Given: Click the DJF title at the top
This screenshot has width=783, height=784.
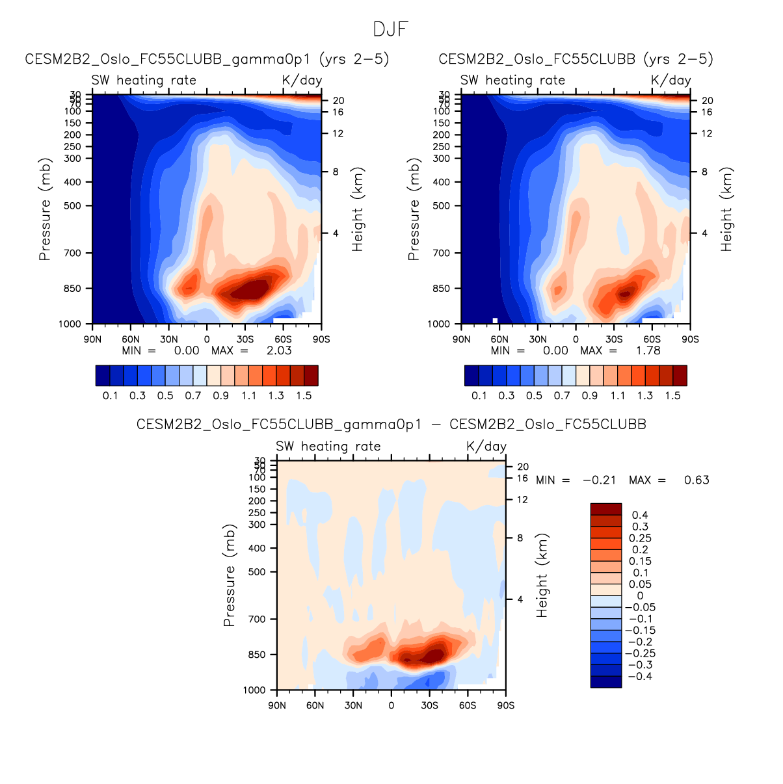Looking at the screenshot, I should pyautogui.click(x=391, y=30).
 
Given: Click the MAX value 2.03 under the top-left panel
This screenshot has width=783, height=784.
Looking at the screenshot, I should pyautogui.click(x=279, y=350).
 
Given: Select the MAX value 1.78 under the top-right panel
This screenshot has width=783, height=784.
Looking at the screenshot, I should pyautogui.click(x=648, y=350).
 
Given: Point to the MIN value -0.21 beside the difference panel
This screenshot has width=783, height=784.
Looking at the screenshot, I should pyautogui.click(x=599, y=480).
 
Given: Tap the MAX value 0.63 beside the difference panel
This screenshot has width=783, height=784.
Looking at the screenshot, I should pyautogui.click(x=697, y=480).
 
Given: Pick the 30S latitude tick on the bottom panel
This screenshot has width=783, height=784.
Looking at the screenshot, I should pyautogui.click(x=429, y=705).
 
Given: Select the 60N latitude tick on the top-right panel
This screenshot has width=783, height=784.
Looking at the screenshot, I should pyautogui.click(x=499, y=339).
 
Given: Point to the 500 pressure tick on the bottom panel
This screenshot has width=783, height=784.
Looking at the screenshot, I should pyautogui.click(x=257, y=572).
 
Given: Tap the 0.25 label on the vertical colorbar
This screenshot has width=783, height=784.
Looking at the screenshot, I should pyautogui.click(x=640, y=538).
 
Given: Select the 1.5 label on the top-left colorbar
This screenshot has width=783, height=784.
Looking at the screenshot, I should pyautogui.click(x=304, y=396).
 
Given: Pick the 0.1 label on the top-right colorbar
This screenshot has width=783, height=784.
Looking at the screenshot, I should pyautogui.click(x=479, y=396).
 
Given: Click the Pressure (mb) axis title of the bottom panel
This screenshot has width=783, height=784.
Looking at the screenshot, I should pyautogui.click(x=229, y=575).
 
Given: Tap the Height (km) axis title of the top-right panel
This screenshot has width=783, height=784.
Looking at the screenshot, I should pyautogui.click(x=726, y=209).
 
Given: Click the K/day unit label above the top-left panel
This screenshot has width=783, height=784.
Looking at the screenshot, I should pyautogui.click(x=302, y=80).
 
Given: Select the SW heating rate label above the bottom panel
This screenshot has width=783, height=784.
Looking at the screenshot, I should pyautogui.click(x=328, y=447).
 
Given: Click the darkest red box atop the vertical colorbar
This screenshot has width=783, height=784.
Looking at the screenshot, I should pyautogui.click(x=605, y=509).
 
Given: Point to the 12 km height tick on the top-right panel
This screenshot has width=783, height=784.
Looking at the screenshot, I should pyautogui.click(x=707, y=134).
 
